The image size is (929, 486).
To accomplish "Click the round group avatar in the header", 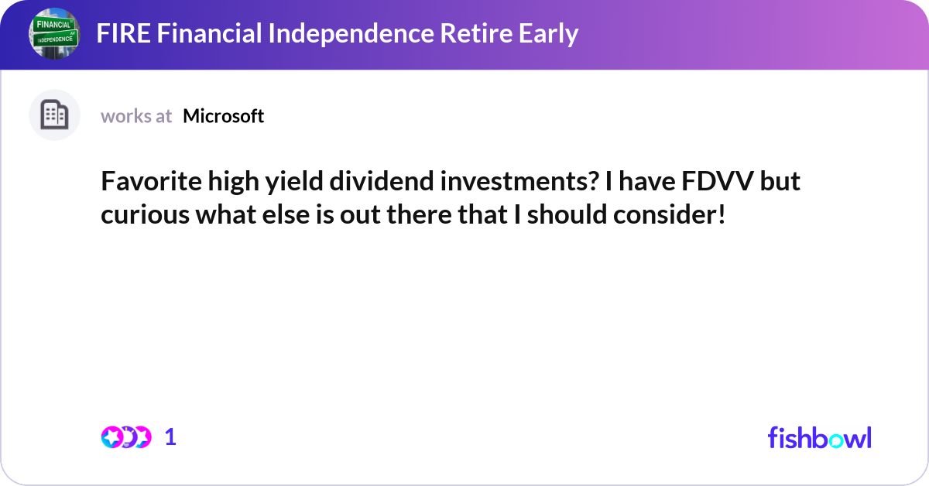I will tap(55, 34).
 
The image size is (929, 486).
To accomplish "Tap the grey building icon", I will tap(54, 115).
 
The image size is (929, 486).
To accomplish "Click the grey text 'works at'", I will tap(136, 116).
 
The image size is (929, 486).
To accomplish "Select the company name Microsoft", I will tap(224, 116).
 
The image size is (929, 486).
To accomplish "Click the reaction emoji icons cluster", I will tap(125, 437).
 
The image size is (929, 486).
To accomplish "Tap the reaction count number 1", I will tap(170, 437).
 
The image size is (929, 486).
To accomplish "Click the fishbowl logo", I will tap(819, 437).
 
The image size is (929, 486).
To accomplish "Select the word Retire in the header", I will tap(470, 33).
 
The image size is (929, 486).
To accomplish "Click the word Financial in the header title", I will tap(203, 33).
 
